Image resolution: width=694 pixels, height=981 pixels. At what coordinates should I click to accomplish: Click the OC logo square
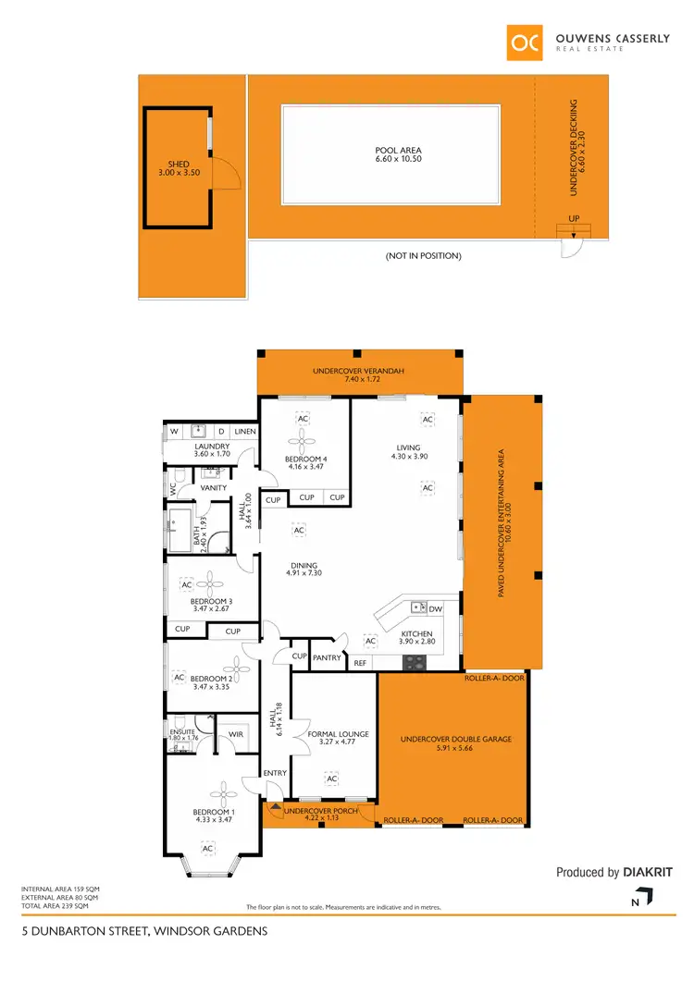tap(525, 42)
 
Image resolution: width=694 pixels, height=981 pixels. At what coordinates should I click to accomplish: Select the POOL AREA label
tap(399, 150)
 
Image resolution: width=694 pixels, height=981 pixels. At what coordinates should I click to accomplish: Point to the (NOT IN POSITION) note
tap(423, 256)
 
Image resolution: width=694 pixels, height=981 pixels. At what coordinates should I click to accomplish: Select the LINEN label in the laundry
tap(244, 431)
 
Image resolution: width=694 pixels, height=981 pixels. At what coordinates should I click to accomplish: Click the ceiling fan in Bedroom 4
tap(304, 441)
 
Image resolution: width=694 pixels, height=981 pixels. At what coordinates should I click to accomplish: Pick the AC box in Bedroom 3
tap(186, 585)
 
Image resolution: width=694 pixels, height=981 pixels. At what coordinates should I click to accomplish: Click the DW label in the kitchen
tap(437, 607)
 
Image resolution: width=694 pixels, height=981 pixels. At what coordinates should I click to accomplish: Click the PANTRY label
tap(328, 657)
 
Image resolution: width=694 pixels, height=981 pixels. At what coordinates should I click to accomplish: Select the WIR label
tap(236, 735)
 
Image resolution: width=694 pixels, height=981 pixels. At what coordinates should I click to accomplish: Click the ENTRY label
tap(276, 773)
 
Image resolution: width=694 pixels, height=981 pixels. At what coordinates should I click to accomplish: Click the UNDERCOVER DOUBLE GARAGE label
tap(455, 740)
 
